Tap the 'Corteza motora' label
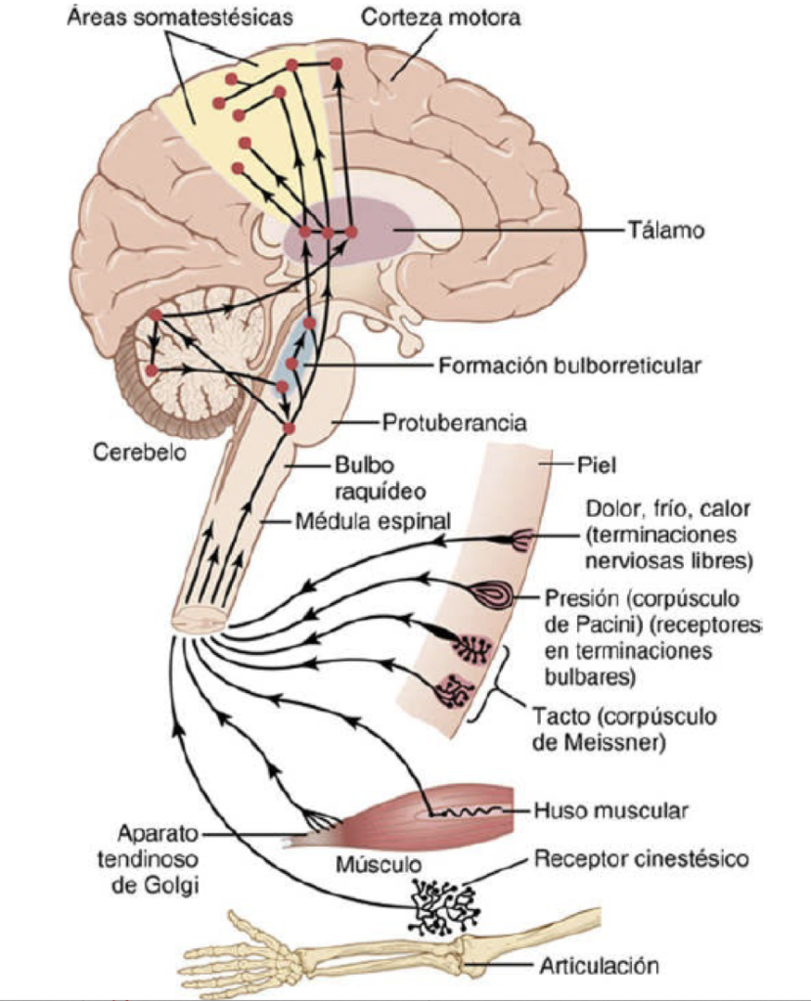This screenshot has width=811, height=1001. (x=440, y=17)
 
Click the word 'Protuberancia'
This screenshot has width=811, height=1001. (x=454, y=423)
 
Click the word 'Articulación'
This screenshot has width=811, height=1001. (x=596, y=966)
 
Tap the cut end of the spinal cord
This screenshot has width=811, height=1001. (x=202, y=620)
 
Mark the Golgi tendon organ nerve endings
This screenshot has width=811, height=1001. (x=320, y=821)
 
